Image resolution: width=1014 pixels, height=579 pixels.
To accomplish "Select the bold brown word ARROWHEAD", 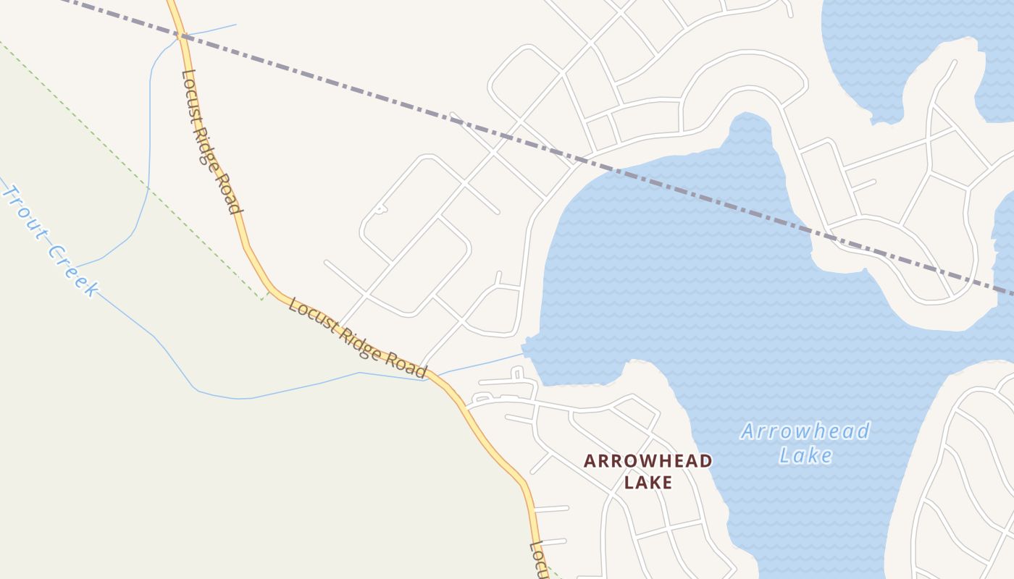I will (648, 461).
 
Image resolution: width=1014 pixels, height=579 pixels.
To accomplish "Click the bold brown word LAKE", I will (648, 482).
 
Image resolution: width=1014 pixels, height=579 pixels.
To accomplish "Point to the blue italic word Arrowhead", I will (805, 432).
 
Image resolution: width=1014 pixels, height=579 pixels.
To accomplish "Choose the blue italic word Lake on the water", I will (805, 455).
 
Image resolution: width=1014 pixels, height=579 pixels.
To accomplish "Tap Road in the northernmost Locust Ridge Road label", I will (230, 194).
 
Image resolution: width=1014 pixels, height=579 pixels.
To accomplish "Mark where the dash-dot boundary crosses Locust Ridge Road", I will (181, 34).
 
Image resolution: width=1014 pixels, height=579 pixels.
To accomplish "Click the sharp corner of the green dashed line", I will (262, 299).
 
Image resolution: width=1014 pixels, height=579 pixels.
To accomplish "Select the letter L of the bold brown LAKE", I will (629, 482).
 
